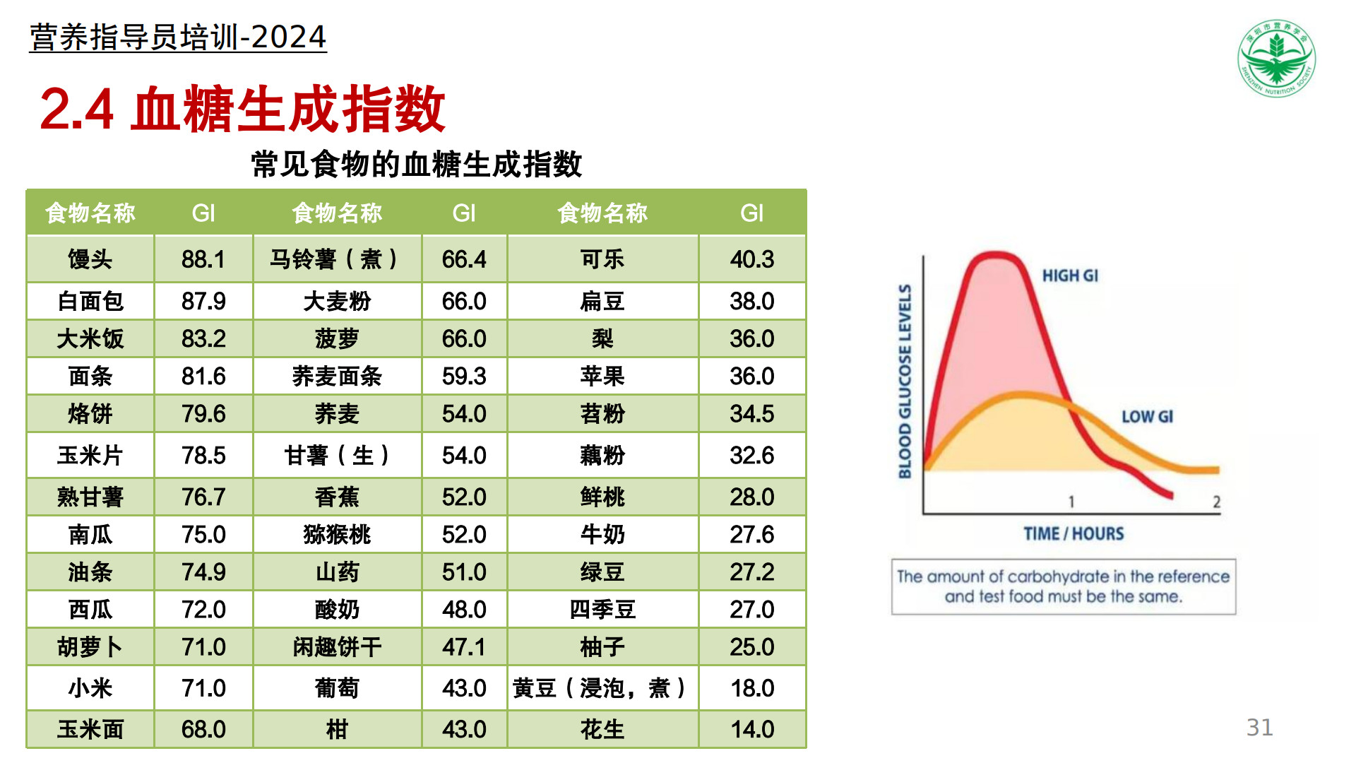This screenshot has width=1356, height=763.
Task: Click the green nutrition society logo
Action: click(1277, 58)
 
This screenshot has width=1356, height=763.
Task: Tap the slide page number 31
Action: click(1260, 728)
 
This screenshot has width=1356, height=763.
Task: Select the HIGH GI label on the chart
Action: click(1070, 276)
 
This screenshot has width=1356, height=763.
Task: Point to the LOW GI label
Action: click(1147, 417)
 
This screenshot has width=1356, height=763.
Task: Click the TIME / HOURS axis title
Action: click(1073, 533)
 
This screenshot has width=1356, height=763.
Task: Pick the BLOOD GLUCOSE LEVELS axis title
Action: click(905, 381)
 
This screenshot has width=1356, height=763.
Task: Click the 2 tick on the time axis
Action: click(1216, 502)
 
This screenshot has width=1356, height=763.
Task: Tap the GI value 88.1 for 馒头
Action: click(203, 259)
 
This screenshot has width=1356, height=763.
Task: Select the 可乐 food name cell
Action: click(602, 259)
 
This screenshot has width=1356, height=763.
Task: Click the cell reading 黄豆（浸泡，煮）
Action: click(602, 688)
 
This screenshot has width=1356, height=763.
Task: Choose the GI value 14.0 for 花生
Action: click(752, 729)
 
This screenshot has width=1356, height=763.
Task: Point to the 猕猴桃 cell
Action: click(337, 534)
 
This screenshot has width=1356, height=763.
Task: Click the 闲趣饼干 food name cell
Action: click(337, 646)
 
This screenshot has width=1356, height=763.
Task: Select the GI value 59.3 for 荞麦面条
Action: click(464, 376)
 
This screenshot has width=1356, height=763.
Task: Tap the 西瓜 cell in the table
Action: click(90, 609)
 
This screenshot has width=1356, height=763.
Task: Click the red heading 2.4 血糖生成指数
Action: click(242, 109)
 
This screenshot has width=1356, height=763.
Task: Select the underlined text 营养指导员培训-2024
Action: click(178, 37)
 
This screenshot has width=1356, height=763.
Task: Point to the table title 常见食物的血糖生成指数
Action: click(417, 164)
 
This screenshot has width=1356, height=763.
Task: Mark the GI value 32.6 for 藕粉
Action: click(752, 455)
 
